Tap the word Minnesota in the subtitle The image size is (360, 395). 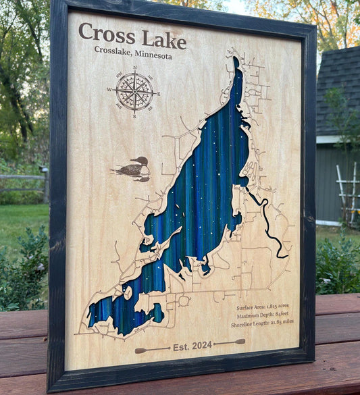(153, 55)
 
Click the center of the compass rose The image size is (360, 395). (134, 92)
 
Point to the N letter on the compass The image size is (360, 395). (135, 68)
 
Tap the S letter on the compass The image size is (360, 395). (134, 117)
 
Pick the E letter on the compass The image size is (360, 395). (158, 94)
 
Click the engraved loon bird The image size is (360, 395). (134, 169)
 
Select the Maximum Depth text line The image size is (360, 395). (264, 314)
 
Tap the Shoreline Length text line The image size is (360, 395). (263, 322)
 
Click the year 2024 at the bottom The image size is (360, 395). (201, 346)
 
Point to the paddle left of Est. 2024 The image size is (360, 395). (152, 349)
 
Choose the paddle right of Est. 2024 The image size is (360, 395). (230, 342)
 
